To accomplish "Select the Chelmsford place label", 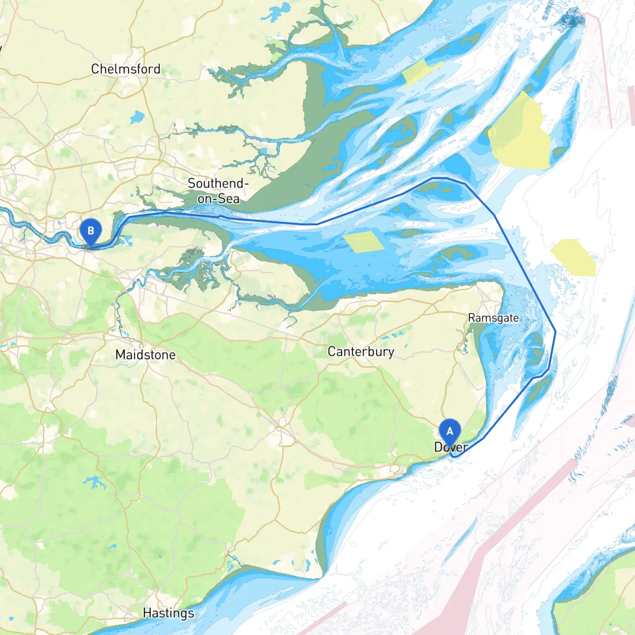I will point(126,69).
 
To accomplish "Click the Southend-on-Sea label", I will point(218,191).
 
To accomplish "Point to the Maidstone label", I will point(145,355).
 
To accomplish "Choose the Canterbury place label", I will point(361,352).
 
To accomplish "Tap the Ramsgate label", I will point(493,318).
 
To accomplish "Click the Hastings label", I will point(168,613).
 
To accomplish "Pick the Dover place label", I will point(451,447).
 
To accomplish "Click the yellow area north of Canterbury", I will point(364,242).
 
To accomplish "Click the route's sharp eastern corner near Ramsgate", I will point(555,331).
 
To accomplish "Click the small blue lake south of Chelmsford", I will point(137,118).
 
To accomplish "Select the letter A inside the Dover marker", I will point(450,431).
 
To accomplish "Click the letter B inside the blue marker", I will point(91,231).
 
